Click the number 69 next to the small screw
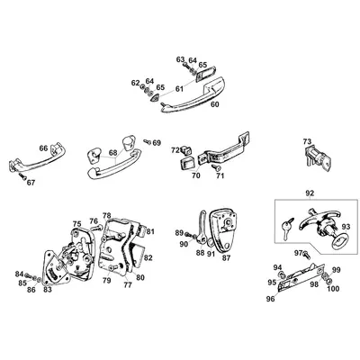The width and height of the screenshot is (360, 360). (x=157, y=142)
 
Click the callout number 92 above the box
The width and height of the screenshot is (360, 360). (x=310, y=192)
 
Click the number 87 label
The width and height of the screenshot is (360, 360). (x=226, y=257)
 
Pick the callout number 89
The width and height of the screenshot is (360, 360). (x=179, y=233)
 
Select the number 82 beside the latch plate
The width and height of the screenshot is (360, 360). (x=148, y=258)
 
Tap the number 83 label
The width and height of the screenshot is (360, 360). (x=47, y=291)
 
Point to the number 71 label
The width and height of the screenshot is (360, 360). (x=220, y=177)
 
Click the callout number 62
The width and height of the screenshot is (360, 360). (x=135, y=83)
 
